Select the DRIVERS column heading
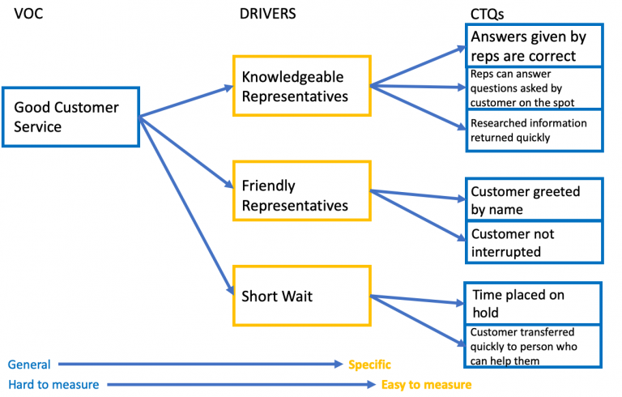click(267, 14)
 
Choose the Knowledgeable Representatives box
click(301, 87)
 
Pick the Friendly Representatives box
click(301, 195)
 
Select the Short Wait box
click(301, 296)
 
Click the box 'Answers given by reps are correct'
click(534, 45)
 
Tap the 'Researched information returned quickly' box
click(534, 130)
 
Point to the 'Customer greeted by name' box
click(534, 200)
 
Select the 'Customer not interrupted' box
click(534, 242)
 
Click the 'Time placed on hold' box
click(534, 303)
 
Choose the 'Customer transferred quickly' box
click(534, 346)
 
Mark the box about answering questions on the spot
click(534, 88)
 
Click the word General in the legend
click(29, 365)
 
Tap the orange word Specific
click(369, 365)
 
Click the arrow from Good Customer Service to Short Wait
click(185, 204)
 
